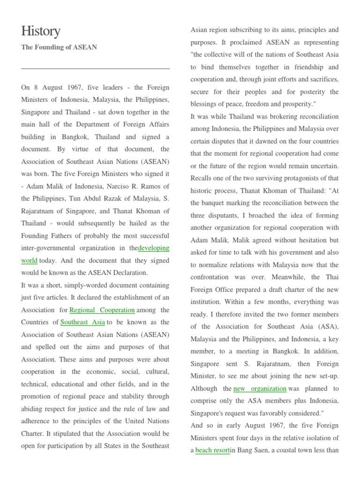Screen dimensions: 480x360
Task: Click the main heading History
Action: pyautogui.click(x=41, y=31)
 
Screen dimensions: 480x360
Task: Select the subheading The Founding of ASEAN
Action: pyautogui.click(x=59, y=47)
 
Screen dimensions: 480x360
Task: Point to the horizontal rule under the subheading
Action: pyautogui.click(x=95, y=69)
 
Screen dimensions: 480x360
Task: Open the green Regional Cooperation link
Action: pyautogui.click(x=102, y=310)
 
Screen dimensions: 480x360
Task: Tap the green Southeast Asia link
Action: pyautogui.click(x=82, y=322)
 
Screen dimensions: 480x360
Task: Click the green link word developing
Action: pyautogui.click(x=154, y=247)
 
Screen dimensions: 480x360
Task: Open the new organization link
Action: pyautogui.click(x=260, y=388)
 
